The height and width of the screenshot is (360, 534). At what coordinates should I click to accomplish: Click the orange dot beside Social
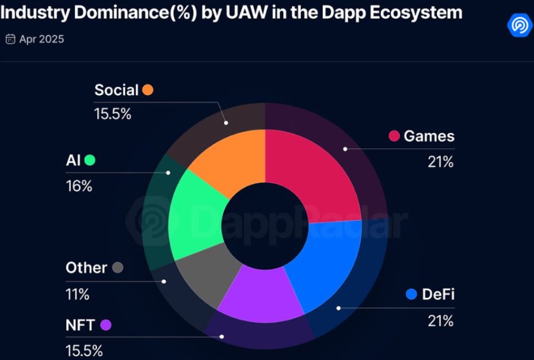pyautogui.click(x=148, y=90)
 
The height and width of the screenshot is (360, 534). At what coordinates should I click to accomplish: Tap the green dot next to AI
pyautogui.click(x=90, y=161)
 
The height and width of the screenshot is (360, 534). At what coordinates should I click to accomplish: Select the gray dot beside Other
pyautogui.click(x=118, y=268)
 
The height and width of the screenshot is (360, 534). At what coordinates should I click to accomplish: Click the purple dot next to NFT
pyautogui.click(x=106, y=325)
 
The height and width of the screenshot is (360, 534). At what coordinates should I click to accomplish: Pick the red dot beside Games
pyautogui.click(x=394, y=136)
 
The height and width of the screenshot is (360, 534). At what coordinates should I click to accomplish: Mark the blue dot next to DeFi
pyautogui.click(x=411, y=294)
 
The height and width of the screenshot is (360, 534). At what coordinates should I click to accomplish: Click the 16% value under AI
pyautogui.click(x=79, y=186)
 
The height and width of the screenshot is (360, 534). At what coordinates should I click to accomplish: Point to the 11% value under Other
pyautogui.click(x=78, y=294)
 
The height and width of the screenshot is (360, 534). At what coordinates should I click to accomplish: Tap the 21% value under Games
pyautogui.click(x=440, y=162)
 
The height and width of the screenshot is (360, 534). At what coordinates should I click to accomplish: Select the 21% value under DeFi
pyautogui.click(x=440, y=321)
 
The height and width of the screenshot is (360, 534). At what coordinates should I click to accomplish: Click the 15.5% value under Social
pyautogui.click(x=113, y=114)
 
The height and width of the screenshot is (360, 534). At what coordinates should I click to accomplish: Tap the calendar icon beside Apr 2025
pyautogui.click(x=10, y=39)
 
